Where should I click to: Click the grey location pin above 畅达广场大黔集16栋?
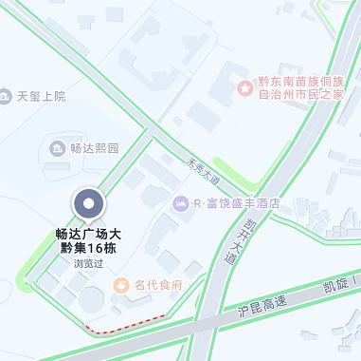(89, 204)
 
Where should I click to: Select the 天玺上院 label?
(42, 96)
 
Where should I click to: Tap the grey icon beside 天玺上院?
(9, 96)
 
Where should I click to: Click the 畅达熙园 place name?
(95, 149)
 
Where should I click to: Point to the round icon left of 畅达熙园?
(57, 149)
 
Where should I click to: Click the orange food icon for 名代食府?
(121, 284)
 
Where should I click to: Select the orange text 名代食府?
(157, 284)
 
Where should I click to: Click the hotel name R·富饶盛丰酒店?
(237, 203)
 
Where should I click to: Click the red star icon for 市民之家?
(246, 87)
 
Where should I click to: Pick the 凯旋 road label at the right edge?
(336, 283)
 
